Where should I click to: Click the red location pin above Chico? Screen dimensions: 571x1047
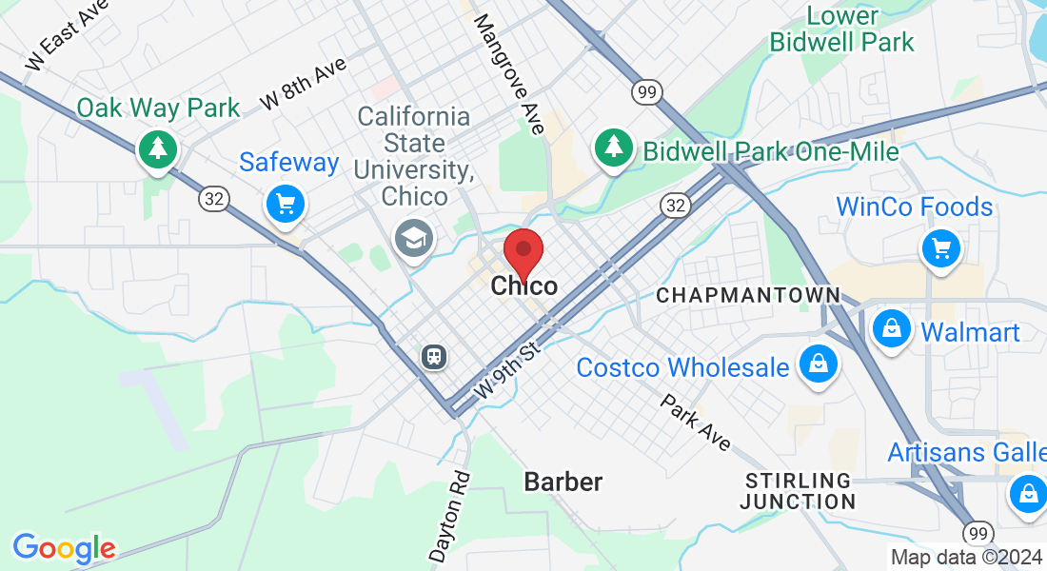point(523,252)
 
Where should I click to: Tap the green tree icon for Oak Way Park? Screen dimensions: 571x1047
point(157,148)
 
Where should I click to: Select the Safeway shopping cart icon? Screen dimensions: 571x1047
point(285,203)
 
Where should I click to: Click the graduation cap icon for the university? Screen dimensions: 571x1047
point(414,237)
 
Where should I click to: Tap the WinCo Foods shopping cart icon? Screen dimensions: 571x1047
point(941,248)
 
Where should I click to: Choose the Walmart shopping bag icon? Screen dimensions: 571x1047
point(892,329)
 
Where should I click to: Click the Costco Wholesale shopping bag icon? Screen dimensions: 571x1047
point(818,364)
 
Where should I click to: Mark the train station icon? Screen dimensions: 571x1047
point(434,357)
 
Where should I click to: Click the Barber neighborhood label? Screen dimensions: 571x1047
point(563,482)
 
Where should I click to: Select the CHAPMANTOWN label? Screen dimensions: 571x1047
point(749,296)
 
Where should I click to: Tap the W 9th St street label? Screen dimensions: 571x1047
point(507,370)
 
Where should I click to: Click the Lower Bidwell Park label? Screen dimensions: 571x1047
point(841,29)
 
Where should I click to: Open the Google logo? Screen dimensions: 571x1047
point(64,548)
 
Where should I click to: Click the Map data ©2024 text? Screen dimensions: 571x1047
point(966,558)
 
